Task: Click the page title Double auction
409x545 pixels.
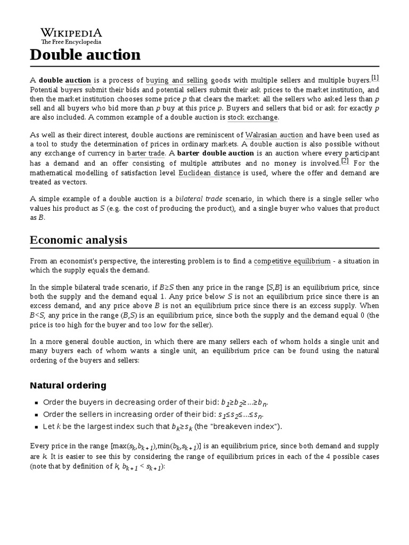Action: tap(85, 55)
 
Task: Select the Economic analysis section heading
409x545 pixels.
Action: tap(78, 240)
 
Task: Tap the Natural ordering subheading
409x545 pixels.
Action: tap(68, 385)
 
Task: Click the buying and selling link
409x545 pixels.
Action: tap(177, 80)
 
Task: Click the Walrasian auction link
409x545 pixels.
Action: tap(274, 135)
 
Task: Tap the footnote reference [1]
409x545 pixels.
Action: tap(375, 78)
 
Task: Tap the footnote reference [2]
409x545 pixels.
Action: tap(345, 161)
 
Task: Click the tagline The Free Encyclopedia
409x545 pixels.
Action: tap(71, 42)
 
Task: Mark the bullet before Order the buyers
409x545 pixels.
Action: tap(36, 402)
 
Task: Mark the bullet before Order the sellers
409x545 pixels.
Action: tap(36, 415)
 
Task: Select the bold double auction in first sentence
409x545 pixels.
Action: tap(65, 80)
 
